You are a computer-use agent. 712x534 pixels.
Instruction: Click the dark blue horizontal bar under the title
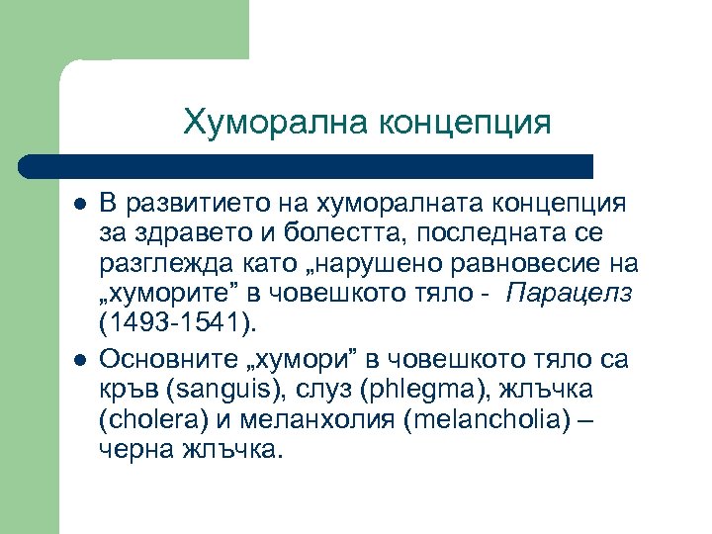(307, 166)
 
